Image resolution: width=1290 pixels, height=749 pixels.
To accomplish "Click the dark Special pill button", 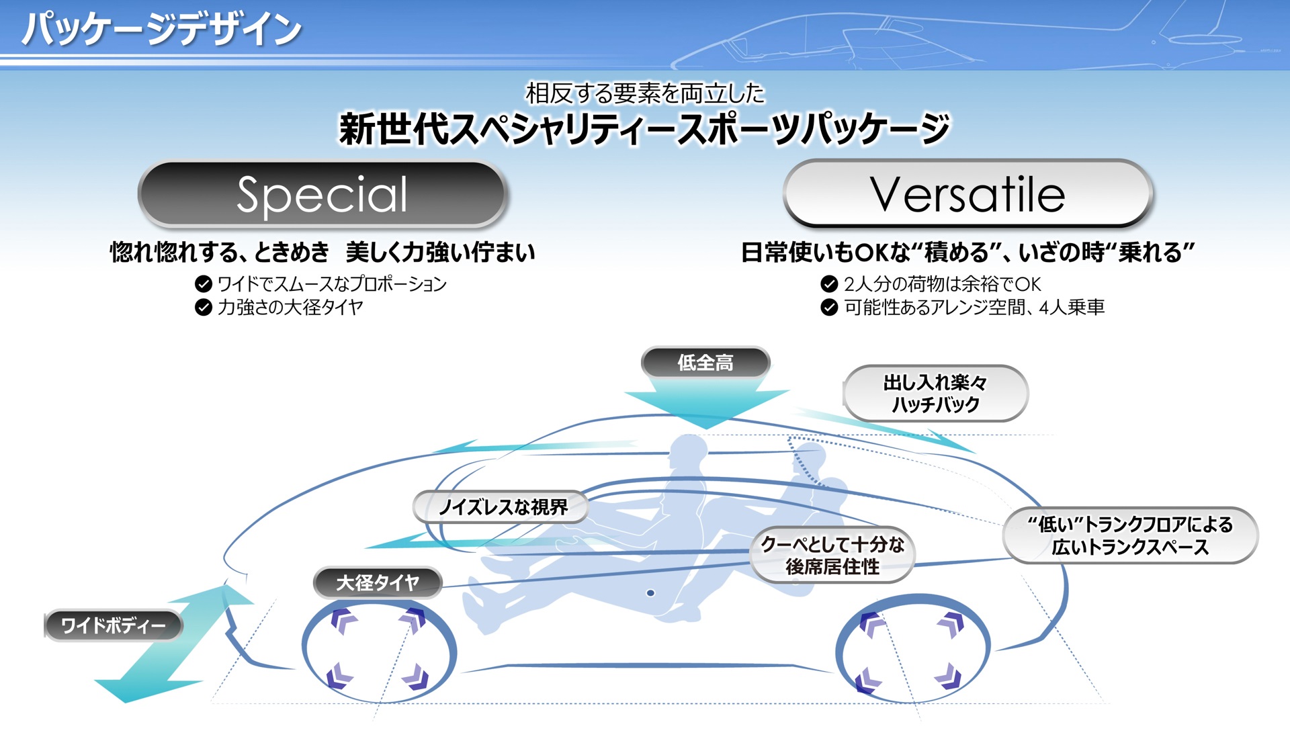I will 322,195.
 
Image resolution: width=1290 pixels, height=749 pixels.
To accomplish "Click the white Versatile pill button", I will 967,195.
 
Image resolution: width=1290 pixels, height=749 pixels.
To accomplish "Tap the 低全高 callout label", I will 705,363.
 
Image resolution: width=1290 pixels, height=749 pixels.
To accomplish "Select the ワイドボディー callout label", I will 113,625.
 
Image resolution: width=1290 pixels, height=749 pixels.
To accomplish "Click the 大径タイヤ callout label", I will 378,582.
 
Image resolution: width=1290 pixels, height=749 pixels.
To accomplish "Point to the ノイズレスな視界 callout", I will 501,507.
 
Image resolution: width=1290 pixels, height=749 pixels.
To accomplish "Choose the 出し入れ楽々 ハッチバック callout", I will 935,394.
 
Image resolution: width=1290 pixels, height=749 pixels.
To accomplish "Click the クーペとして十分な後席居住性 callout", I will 832,555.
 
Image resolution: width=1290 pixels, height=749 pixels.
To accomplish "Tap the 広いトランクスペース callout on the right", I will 1130,535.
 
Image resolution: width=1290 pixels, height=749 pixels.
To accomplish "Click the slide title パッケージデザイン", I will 161,30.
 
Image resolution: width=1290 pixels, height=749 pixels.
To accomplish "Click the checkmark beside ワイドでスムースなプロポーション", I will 203,284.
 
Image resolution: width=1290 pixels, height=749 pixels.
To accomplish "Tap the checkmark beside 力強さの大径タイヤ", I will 203,308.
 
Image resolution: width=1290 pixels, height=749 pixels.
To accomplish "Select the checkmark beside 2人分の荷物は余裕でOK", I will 829,284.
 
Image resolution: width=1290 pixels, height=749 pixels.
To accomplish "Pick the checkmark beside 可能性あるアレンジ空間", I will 829,308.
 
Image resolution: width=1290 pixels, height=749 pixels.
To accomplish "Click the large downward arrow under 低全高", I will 705,403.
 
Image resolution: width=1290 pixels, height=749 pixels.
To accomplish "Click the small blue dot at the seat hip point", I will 650,592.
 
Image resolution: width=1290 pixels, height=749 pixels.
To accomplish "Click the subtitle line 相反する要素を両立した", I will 645,93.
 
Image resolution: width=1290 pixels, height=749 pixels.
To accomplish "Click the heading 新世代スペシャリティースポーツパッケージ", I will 645,129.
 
